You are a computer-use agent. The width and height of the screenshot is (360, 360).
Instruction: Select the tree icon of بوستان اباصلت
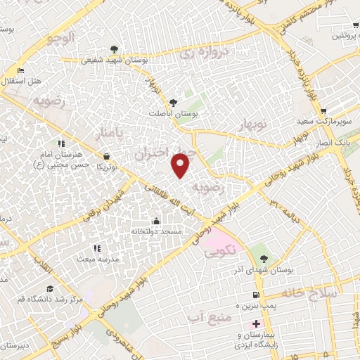point(174,102)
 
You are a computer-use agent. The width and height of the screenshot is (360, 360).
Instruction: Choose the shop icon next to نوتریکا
point(106,156)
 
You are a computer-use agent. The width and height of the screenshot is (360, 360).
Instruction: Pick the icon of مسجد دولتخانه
point(155,221)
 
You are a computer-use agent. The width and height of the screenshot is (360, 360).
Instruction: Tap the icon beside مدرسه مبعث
point(96,248)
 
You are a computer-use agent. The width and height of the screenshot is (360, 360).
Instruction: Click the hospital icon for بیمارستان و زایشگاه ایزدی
point(256,325)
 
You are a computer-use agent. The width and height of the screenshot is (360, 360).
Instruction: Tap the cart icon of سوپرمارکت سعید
point(323,111)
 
